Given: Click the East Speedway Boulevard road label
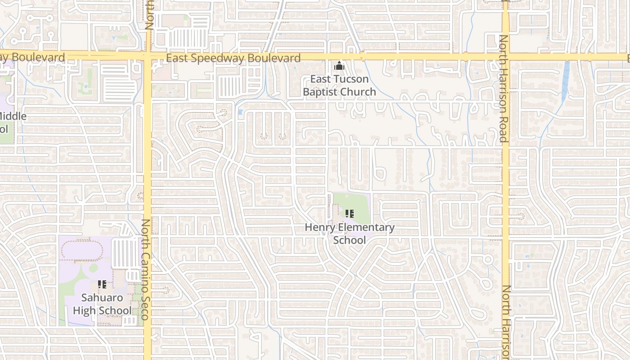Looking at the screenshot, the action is [233, 58].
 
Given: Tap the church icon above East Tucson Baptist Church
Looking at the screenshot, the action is [338, 66].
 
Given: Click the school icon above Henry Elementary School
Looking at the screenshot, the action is [350, 213].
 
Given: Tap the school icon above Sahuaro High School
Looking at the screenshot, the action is [102, 284].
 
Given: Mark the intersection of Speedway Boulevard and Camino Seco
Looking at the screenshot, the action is [147, 57].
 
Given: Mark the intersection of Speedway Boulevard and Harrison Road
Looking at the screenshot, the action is [505, 57].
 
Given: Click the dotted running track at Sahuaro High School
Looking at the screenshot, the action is [83, 250].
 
